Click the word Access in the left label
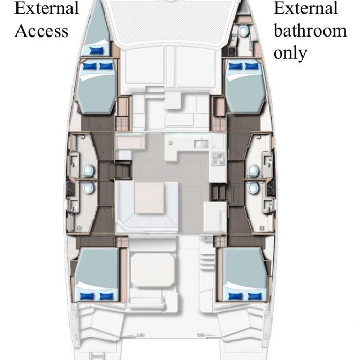42,31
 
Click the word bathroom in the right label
310,31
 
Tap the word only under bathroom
290,53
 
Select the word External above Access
47,8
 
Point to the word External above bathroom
305,8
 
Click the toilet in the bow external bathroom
243,30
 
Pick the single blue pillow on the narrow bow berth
97,50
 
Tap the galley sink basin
202,144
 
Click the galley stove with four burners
218,158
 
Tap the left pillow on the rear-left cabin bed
87,297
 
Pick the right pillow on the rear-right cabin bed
255,297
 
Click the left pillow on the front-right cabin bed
235,66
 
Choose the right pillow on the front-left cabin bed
106,66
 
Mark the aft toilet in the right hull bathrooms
254,188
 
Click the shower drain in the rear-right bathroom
262,228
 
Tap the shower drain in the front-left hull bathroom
82,137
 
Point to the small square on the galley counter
171,143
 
